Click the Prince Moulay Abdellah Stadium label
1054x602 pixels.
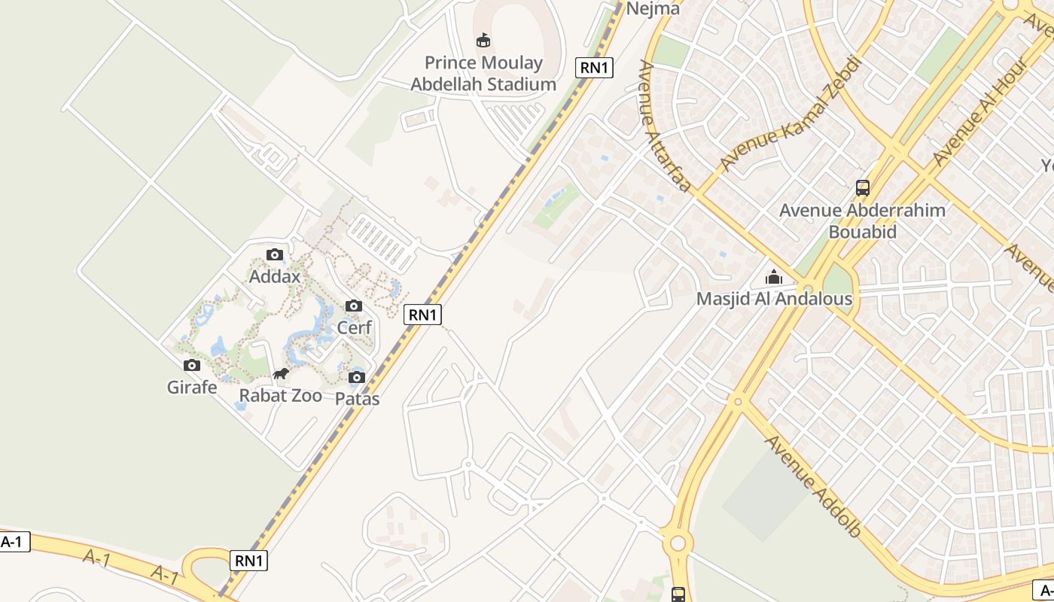[483, 73]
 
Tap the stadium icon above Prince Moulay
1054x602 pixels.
[483, 40]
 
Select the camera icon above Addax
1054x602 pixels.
[275, 255]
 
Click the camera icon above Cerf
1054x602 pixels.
[354, 306]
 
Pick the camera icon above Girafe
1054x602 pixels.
[192, 366]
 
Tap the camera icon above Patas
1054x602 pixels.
[357, 377]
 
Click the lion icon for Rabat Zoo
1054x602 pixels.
[281, 374]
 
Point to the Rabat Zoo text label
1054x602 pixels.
[281, 396]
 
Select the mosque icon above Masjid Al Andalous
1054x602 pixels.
[774, 278]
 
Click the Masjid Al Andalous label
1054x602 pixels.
[774, 299]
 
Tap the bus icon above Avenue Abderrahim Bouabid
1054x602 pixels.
[863, 188]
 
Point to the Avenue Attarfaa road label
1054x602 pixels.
[663, 126]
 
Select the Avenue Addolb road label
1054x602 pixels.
[813, 486]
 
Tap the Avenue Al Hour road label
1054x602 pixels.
[980, 111]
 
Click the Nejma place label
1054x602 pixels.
[653, 9]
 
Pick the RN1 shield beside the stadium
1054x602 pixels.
[595, 68]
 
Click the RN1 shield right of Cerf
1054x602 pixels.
[422, 315]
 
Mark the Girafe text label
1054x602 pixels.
[192, 388]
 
